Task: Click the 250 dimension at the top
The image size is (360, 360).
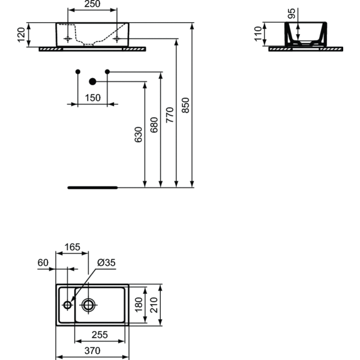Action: [x=92, y=4]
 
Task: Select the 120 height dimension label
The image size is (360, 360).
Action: [x=22, y=35]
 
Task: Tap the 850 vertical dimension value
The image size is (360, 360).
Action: [x=185, y=105]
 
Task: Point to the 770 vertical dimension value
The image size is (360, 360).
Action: [x=170, y=115]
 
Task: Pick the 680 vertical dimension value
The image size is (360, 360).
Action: [x=154, y=125]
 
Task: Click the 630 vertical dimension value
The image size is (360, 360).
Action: [x=139, y=134]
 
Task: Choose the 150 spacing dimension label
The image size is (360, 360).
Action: [x=93, y=98]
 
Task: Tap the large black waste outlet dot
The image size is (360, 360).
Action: [x=92, y=82]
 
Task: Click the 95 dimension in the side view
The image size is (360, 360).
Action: [x=292, y=13]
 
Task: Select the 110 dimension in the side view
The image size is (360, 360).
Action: [x=258, y=34]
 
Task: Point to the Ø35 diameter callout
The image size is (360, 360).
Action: [x=106, y=262]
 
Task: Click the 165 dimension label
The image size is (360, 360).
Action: [x=73, y=247]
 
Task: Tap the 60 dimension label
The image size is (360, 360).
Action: [x=43, y=262]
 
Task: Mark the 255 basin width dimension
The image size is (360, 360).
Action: [x=100, y=335]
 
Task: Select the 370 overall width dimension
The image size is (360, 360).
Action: [x=92, y=350]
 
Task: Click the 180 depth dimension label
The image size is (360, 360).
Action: [x=139, y=305]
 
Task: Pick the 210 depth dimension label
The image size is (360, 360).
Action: [x=154, y=305]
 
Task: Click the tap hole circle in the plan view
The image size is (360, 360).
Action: [x=67, y=305]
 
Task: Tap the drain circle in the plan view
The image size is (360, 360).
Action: [x=88, y=305]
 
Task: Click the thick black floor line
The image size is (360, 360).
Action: [x=92, y=188]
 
